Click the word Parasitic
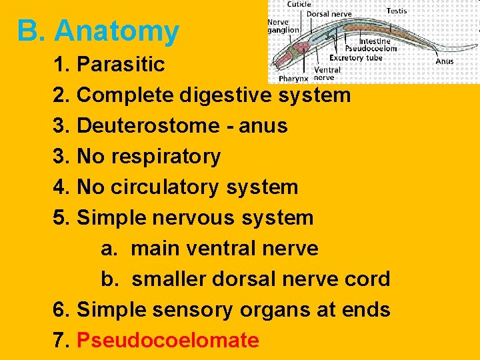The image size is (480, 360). tap(121, 64)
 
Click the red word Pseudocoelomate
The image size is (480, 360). tap(168, 340)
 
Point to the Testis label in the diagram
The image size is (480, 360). tap(397, 11)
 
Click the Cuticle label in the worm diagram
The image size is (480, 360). tap(299, 5)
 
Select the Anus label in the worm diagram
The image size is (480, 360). tap(444, 61)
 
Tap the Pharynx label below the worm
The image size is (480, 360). tap(293, 78)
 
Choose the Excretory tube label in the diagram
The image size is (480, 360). tap(356, 57)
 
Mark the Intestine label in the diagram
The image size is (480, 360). tap(374, 40)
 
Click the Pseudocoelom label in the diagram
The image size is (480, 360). tap(371, 48)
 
